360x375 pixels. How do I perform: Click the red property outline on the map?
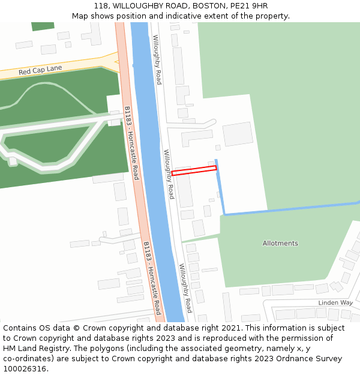tap(194, 171)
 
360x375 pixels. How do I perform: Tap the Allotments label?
tap(280, 243)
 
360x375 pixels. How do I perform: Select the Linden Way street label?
tap(335, 302)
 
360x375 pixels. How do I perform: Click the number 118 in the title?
tap(101, 6)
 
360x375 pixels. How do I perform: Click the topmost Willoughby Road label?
tap(157, 59)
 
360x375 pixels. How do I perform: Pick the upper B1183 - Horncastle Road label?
tap(132, 143)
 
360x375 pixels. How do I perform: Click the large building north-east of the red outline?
tap(238, 134)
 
